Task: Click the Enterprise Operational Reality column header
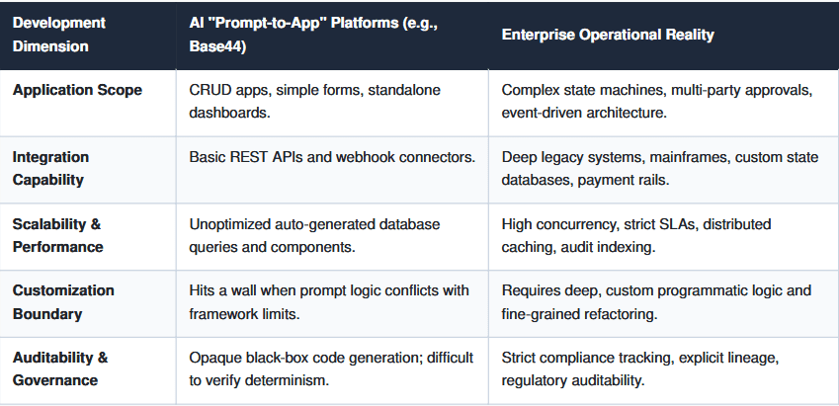tap(608, 35)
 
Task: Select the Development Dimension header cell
tap(59, 35)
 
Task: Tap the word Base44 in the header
tap(215, 46)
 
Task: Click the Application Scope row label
tap(78, 90)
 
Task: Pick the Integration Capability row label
tap(50, 169)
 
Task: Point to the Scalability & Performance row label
tap(57, 235)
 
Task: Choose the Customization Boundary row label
tap(63, 302)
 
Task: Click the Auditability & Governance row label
tap(60, 368)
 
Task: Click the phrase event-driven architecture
tap(584, 114)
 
